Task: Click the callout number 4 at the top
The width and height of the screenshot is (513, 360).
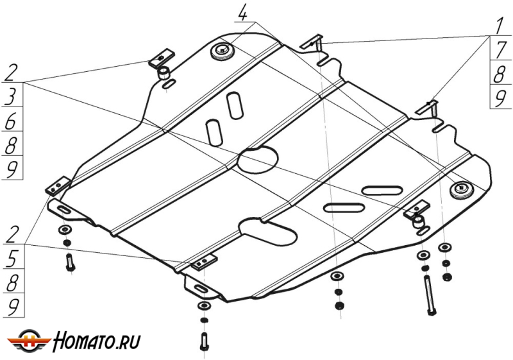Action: coord(242,12)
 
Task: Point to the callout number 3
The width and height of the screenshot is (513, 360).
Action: coord(12,98)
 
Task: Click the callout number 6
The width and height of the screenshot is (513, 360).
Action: coord(12,121)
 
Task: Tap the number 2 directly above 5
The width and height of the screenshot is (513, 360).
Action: coord(12,234)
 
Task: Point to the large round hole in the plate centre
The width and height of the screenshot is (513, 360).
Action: coord(258,160)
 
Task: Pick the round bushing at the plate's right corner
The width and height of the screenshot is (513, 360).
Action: coord(461,189)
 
